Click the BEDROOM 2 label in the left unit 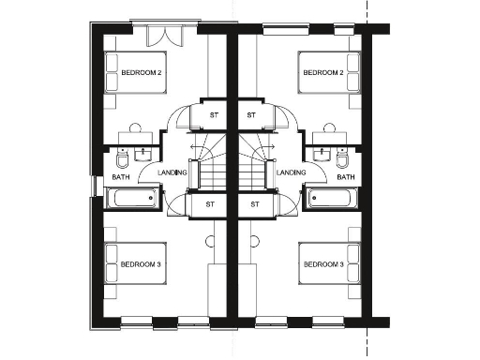pyautogui.click(x=140, y=72)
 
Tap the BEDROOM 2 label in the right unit pyautogui.click(x=322, y=72)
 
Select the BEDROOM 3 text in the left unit pyautogui.click(x=141, y=265)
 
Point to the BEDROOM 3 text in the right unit pyautogui.click(x=322, y=265)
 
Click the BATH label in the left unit pyautogui.click(x=121, y=177)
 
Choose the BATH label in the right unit pyautogui.click(x=346, y=177)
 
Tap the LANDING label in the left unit pyautogui.click(x=173, y=172)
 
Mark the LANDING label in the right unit pyautogui.click(x=292, y=172)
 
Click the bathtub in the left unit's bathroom pyautogui.click(x=131, y=199)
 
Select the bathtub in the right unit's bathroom pyautogui.click(x=333, y=199)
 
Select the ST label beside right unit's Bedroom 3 pyautogui.click(x=254, y=203)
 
